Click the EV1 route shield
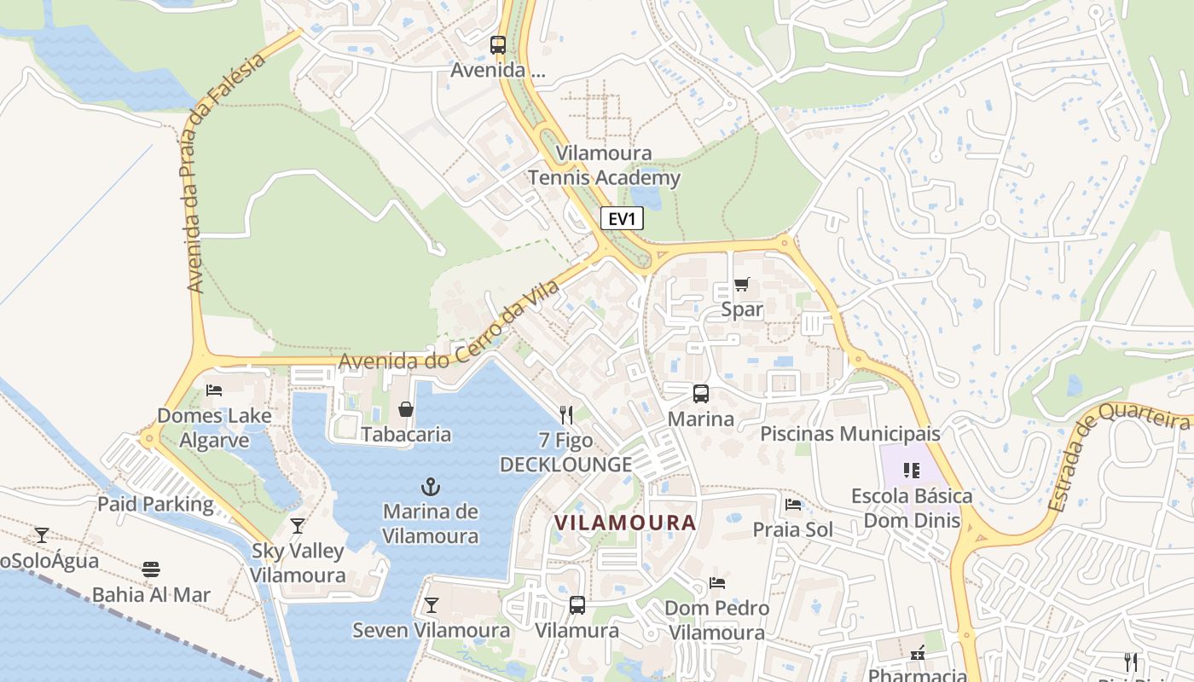[x=622, y=219]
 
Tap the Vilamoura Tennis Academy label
[x=604, y=165]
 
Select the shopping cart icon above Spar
[x=742, y=285]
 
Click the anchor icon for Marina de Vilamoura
[x=431, y=488]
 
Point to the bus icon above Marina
[x=701, y=394]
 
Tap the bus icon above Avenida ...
[x=498, y=45]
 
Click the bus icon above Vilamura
[x=577, y=605]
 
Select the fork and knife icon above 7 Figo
[x=565, y=415]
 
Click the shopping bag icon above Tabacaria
[x=406, y=410]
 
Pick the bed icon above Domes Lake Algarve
[x=214, y=390]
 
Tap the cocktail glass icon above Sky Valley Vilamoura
[x=297, y=526]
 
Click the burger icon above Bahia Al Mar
[x=151, y=569]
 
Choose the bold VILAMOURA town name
[x=625, y=523]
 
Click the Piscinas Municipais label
[x=849, y=434]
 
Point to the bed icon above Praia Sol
[x=793, y=505]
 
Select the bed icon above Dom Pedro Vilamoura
[x=717, y=583]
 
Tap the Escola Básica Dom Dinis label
[x=912, y=508]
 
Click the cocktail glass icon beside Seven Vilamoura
[x=432, y=605]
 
